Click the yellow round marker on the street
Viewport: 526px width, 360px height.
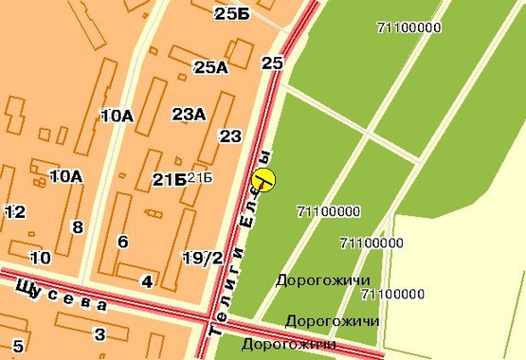tap(264, 180)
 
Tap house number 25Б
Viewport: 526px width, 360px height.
tap(232, 13)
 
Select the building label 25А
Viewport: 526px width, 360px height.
tap(210, 66)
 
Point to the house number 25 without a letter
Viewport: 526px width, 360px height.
tap(272, 63)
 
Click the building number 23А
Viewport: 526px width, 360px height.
tap(189, 115)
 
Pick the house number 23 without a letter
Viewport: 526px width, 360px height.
tap(230, 135)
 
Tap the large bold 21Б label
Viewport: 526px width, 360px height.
tap(168, 179)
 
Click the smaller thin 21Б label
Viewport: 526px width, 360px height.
tap(200, 178)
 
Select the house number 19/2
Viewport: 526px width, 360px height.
tap(203, 257)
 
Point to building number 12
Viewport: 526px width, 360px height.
tap(15, 211)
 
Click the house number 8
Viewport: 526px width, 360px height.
tap(78, 226)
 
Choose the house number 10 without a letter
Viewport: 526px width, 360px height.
tap(40, 257)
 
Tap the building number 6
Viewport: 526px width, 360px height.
tap(122, 242)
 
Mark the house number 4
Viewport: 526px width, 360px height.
tap(146, 281)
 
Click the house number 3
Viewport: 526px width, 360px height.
tap(100, 333)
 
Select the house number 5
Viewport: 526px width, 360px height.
tap(17, 345)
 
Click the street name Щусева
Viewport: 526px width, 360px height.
tap(63, 295)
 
